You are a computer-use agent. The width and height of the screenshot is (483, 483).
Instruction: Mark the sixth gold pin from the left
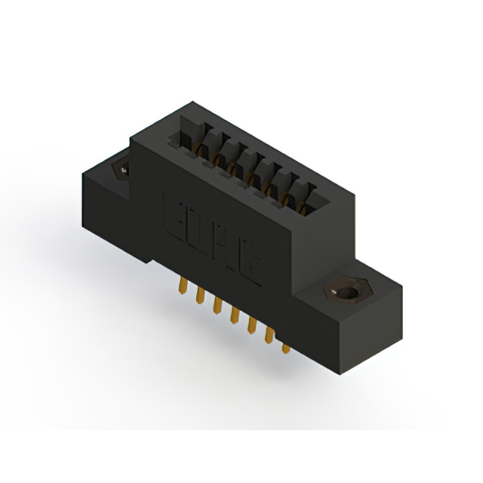[x=269, y=335]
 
